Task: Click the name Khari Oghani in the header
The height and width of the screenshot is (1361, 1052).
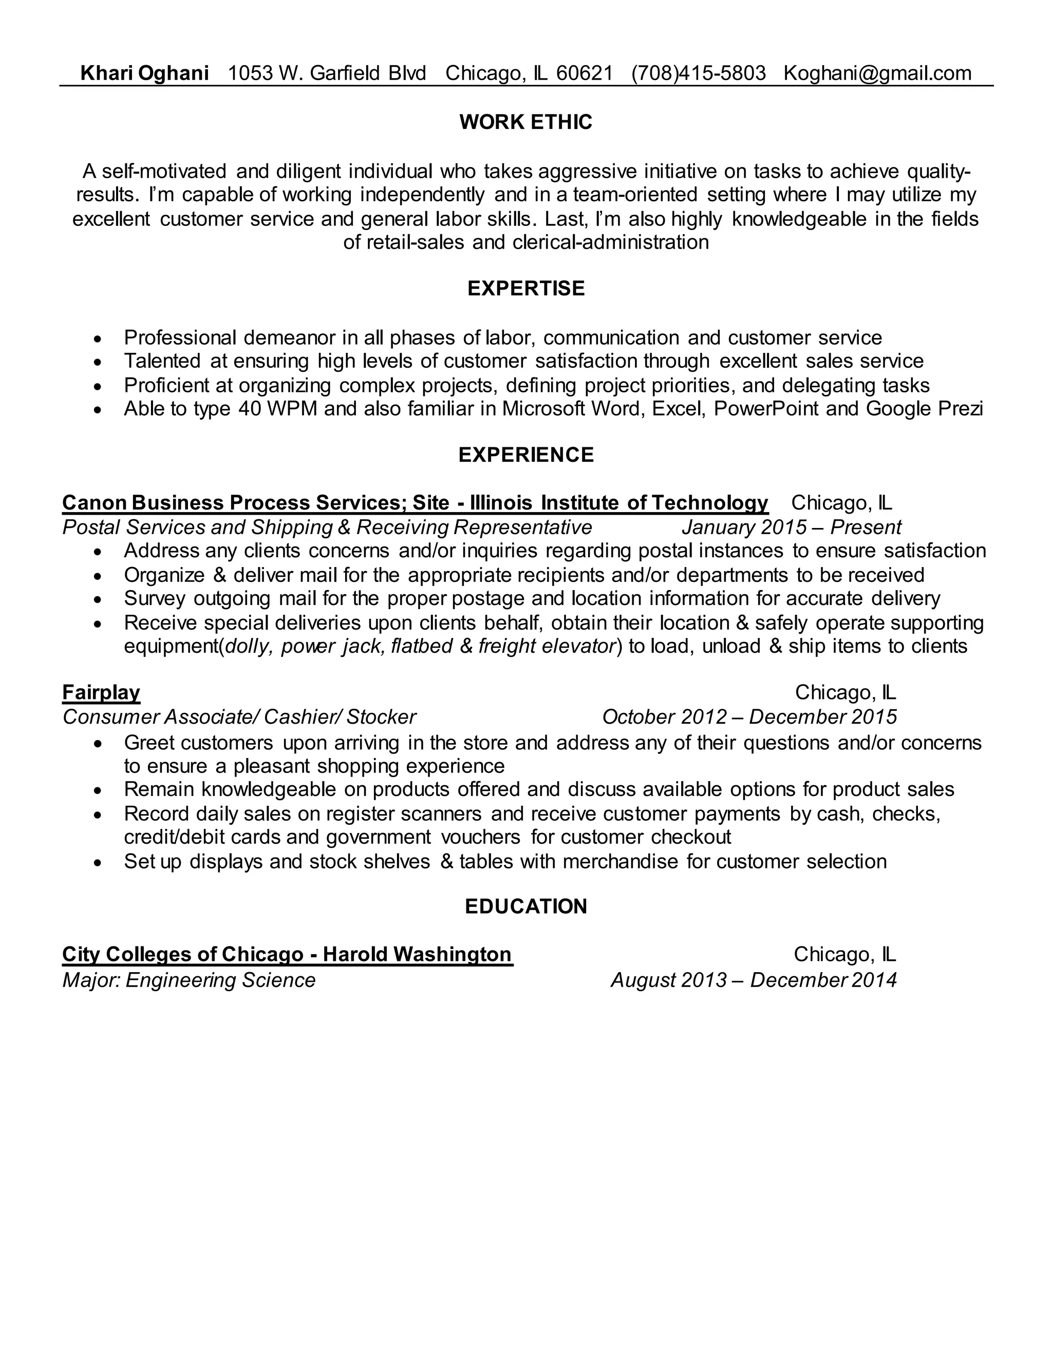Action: [x=144, y=73]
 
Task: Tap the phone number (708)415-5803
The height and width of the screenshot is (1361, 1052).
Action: [x=698, y=73]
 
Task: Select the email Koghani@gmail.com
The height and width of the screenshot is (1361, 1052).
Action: [x=877, y=73]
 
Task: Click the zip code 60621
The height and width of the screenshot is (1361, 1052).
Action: [x=584, y=73]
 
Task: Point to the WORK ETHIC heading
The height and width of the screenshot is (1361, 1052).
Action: [x=525, y=122]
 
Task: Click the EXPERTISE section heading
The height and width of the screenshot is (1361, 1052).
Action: [x=525, y=289]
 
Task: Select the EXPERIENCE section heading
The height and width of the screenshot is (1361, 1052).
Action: [x=525, y=455]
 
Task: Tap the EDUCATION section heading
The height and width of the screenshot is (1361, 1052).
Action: [x=525, y=906]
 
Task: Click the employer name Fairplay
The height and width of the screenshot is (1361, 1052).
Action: [x=101, y=692]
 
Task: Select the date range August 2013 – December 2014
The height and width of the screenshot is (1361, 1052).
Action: [x=753, y=980]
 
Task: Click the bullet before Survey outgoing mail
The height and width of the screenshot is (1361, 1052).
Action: [x=97, y=599]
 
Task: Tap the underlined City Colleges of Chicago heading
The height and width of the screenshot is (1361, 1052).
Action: [x=287, y=955]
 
